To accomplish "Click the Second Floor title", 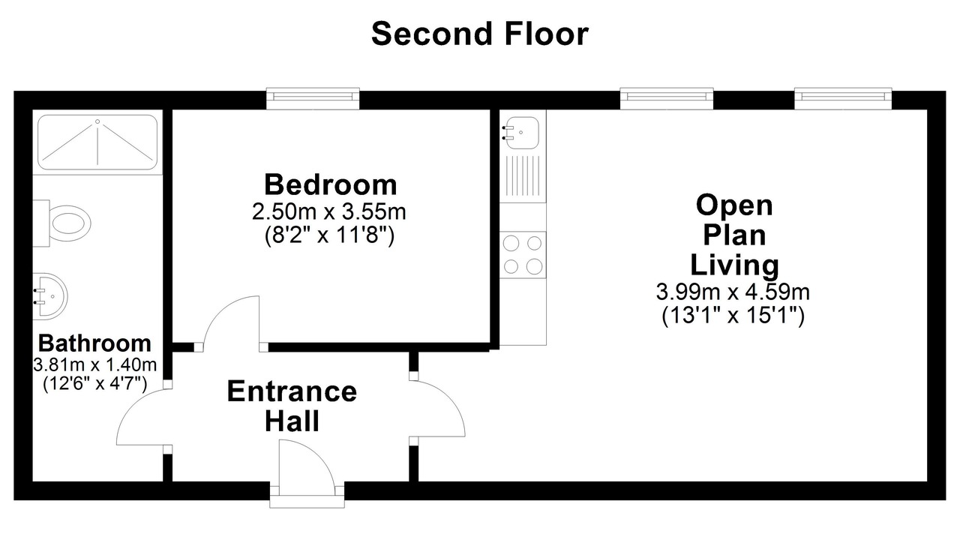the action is click(479, 34).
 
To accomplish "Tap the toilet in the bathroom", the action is click(62, 223).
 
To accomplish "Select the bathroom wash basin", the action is click(50, 296).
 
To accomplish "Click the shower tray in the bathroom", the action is click(97, 142).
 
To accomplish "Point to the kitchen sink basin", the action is click(521, 133).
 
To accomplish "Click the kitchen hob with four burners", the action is click(523, 255).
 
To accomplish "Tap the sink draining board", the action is click(523, 175).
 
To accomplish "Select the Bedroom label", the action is click(331, 184).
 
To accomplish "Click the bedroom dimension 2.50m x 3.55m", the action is click(328, 211).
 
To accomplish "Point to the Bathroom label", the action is click(94, 343).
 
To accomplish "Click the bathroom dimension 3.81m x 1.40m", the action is click(94, 365).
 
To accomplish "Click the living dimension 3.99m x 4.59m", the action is click(733, 292).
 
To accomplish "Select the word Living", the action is click(734, 265).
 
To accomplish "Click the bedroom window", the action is click(313, 98).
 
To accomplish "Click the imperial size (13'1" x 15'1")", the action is click(733, 316).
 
